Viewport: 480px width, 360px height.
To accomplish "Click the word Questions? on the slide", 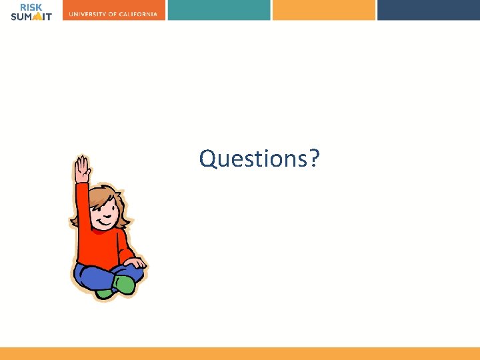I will pyautogui.click(x=259, y=159).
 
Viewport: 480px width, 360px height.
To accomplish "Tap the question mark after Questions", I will pyautogui.click(x=315, y=159).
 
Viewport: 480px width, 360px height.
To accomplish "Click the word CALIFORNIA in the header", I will pyautogui.click(x=139, y=15).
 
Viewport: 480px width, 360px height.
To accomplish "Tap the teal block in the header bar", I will pyautogui.click(x=219, y=9).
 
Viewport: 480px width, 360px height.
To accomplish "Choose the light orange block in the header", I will pyautogui.click(x=323, y=9).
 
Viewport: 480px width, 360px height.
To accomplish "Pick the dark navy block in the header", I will pyautogui.click(x=428, y=9).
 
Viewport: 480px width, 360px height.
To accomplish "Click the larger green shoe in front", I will pyautogui.click(x=125, y=285).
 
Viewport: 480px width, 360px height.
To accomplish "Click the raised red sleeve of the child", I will pyautogui.click(x=83, y=203).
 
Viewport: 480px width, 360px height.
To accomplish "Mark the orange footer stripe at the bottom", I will pyautogui.click(x=240, y=353).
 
